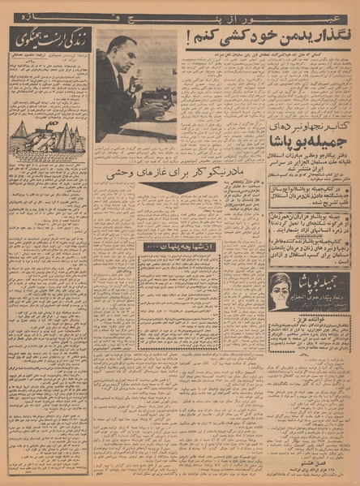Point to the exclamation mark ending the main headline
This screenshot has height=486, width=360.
[x=188, y=37]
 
